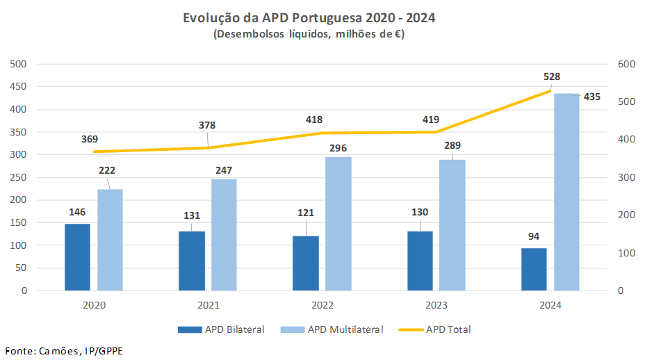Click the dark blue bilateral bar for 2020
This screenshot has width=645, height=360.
point(77,257)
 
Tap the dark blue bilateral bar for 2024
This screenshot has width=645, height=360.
point(534,269)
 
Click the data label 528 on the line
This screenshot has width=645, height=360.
point(552,76)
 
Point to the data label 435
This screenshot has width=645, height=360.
point(591,97)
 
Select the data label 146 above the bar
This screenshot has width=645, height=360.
point(77,212)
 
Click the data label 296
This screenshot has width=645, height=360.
point(338,147)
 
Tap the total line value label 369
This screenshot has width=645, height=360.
point(90,139)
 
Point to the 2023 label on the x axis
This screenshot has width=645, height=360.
point(436,305)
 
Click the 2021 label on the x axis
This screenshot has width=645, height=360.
point(208,305)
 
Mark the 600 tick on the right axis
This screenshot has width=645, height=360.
point(626,64)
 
